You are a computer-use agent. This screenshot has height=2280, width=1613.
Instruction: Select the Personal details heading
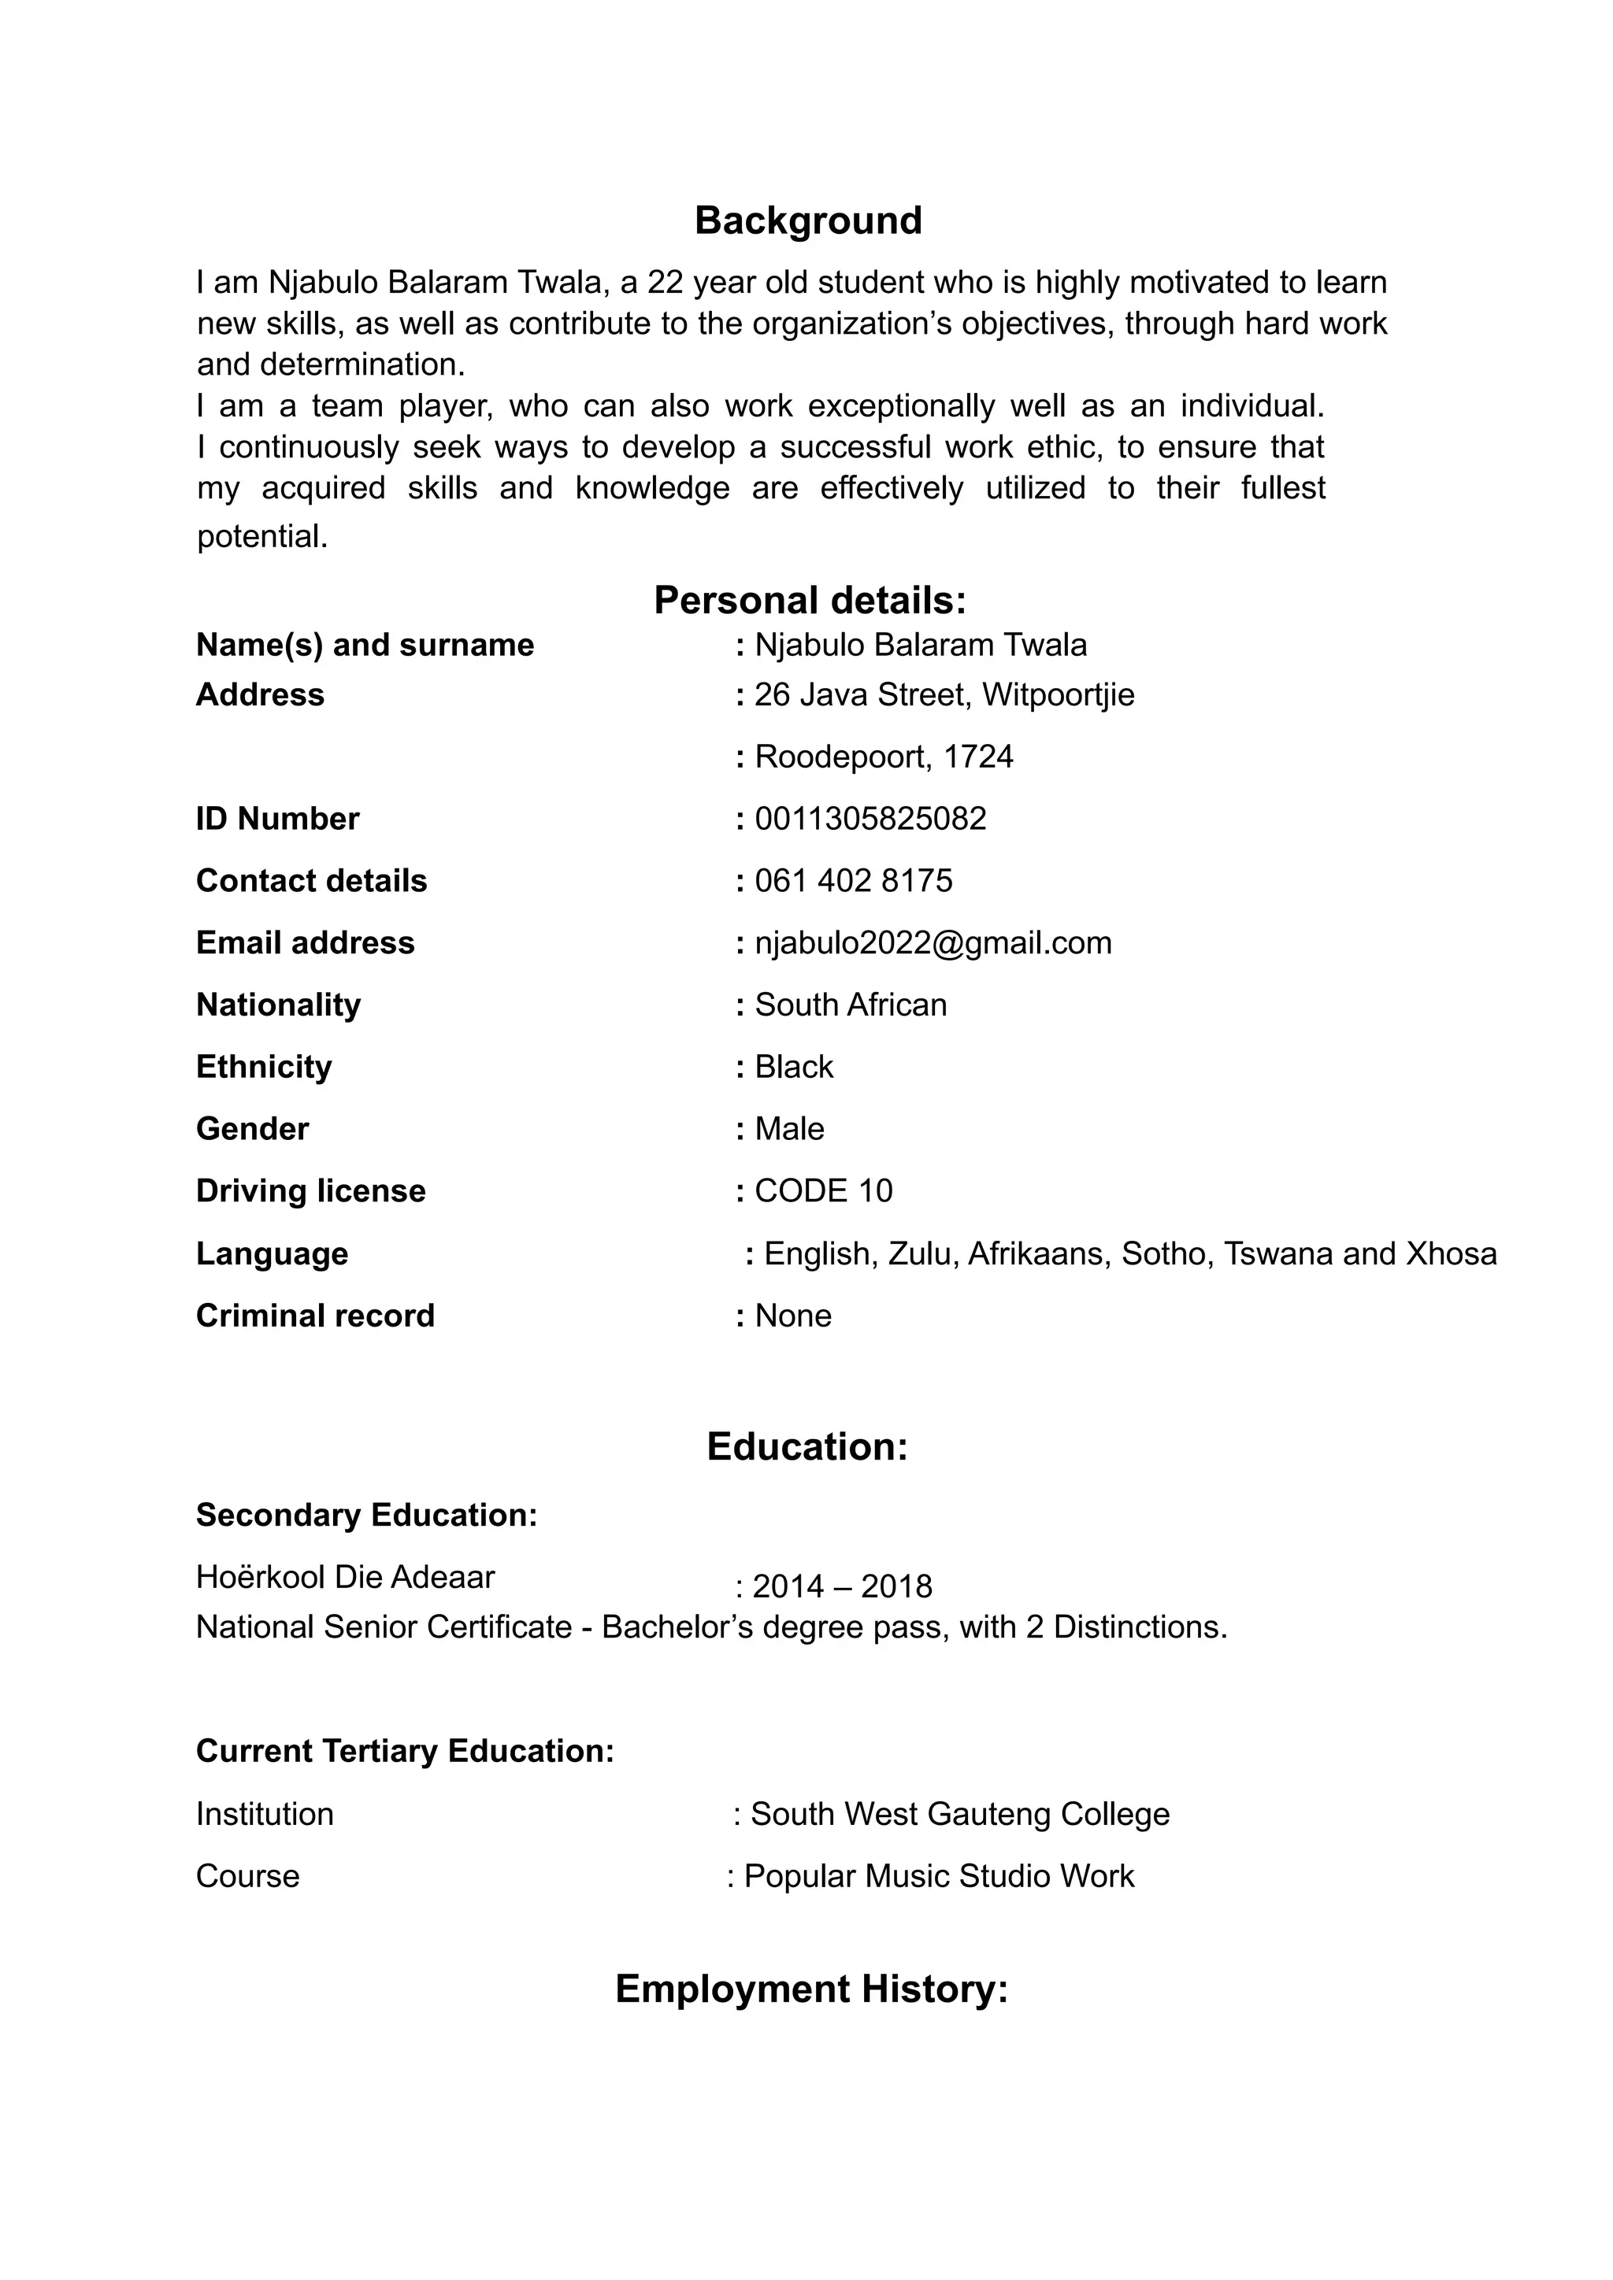pyautogui.click(x=810, y=601)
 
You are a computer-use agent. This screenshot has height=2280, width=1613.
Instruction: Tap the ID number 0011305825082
pyautogui.click(x=870, y=820)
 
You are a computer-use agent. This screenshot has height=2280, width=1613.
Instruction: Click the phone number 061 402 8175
pyautogui.click(x=853, y=881)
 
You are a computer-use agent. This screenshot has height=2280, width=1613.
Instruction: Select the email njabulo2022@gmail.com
pyautogui.click(x=933, y=943)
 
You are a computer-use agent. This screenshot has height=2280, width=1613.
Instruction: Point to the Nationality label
pyautogui.click(x=278, y=1005)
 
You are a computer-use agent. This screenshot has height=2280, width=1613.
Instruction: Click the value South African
pyautogui.click(x=850, y=1005)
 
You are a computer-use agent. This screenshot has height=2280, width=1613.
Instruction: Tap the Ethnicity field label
pyautogui.click(x=263, y=1067)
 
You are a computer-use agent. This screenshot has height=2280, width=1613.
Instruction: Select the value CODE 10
pyautogui.click(x=823, y=1190)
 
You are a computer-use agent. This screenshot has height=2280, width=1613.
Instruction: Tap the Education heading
pyautogui.click(x=806, y=1447)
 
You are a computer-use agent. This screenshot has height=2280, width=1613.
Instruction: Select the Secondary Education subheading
pyautogui.click(x=366, y=1516)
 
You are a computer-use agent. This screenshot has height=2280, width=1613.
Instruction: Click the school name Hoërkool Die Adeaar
pyautogui.click(x=345, y=1577)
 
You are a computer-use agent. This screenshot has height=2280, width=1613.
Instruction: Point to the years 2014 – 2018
pyautogui.click(x=841, y=1587)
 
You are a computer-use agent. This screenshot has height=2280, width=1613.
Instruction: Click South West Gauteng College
pyautogui.click(x=959, y=1814)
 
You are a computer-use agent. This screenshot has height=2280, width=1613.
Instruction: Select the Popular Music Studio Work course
pyautogui.click(x=939, y=1876)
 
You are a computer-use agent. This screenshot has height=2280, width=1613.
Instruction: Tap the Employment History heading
pyautogui.click(x=811, y=1989)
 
